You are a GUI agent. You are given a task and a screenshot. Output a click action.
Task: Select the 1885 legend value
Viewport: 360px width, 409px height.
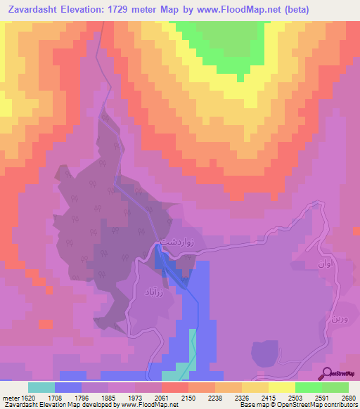(109, 397)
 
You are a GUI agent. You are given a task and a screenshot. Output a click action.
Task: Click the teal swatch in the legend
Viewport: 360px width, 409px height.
(41, 387)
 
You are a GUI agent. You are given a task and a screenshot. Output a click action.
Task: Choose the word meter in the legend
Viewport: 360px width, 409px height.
(10, 397)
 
